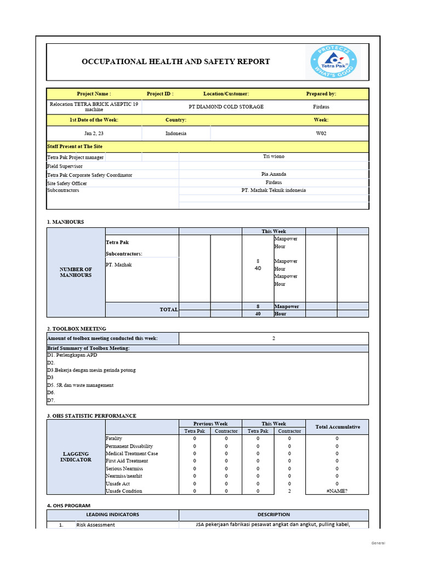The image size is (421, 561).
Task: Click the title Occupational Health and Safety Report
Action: [x=175, y=61]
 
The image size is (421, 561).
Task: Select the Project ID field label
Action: [x=160, y=94]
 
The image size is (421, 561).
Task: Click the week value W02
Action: [x=321, y=133]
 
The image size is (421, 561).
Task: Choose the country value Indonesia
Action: [x=175, y=133]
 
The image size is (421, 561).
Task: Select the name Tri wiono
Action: [x=274, y=157]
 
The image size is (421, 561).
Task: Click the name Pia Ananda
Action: [x=274, y=174]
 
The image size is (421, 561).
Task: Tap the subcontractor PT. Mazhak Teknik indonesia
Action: [x=274, y=190]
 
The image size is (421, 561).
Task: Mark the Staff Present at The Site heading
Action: [x=75, y=146]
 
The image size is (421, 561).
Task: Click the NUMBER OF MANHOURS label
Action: [x=76, y=272]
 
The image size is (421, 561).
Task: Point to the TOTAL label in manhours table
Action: [x=169, y=310]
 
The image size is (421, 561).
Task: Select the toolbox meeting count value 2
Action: [x=274, y=338]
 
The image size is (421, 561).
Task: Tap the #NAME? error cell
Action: [x=337, y=491]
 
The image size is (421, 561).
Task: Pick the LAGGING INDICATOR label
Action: [x=76, y=457]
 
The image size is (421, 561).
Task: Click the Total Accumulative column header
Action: [x=338, y=427]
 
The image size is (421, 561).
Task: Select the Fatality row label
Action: [x=114, y=438]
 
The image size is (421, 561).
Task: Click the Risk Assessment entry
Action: [x=96, y=525]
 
